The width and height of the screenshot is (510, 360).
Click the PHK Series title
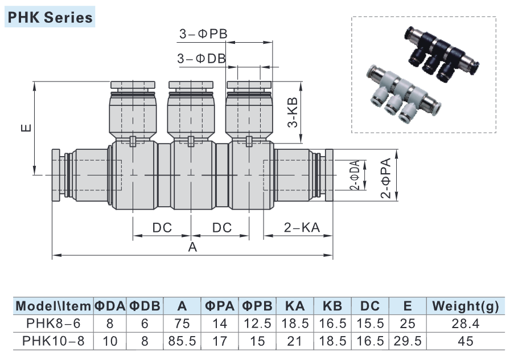[50, 17]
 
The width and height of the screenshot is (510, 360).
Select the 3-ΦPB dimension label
[203, 34]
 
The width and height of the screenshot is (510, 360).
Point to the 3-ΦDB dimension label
[201, 58]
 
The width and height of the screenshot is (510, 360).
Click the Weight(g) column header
[465, 306]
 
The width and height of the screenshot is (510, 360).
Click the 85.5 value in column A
[182, 342]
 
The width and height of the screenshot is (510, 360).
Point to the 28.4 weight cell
[465, 324]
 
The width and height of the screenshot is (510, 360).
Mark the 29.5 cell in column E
[407, 342]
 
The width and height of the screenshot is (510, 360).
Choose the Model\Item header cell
[54, 306]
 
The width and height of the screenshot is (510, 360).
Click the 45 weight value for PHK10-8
[465, 342]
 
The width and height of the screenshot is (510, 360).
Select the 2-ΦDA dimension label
[354, 175]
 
